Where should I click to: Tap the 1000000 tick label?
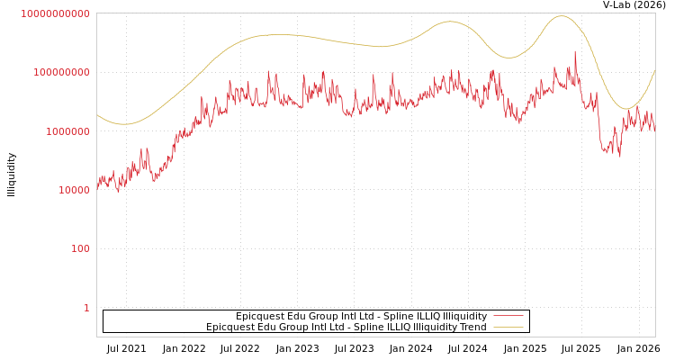(x=65, y=131)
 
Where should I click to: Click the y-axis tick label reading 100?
(x=80, y=248)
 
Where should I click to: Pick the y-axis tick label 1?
(x=86, y=308)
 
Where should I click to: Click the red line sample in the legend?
(x=508, y=316)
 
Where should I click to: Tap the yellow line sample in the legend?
(x=508, y=327)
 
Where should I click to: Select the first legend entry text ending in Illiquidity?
(x=361, y=316)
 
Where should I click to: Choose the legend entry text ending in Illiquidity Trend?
(x=346, y=327)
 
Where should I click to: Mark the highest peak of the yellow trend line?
(x=562, y=15)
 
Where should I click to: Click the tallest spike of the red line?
(x=575, y=51)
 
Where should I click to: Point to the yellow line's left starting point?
(x=97, y=115)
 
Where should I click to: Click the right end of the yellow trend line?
(x=655, y=70)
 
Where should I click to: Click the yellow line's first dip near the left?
(x=124, y=124)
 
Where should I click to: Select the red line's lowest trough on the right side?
(x=619, y=157)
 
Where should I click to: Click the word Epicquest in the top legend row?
(x=260, y=316)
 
